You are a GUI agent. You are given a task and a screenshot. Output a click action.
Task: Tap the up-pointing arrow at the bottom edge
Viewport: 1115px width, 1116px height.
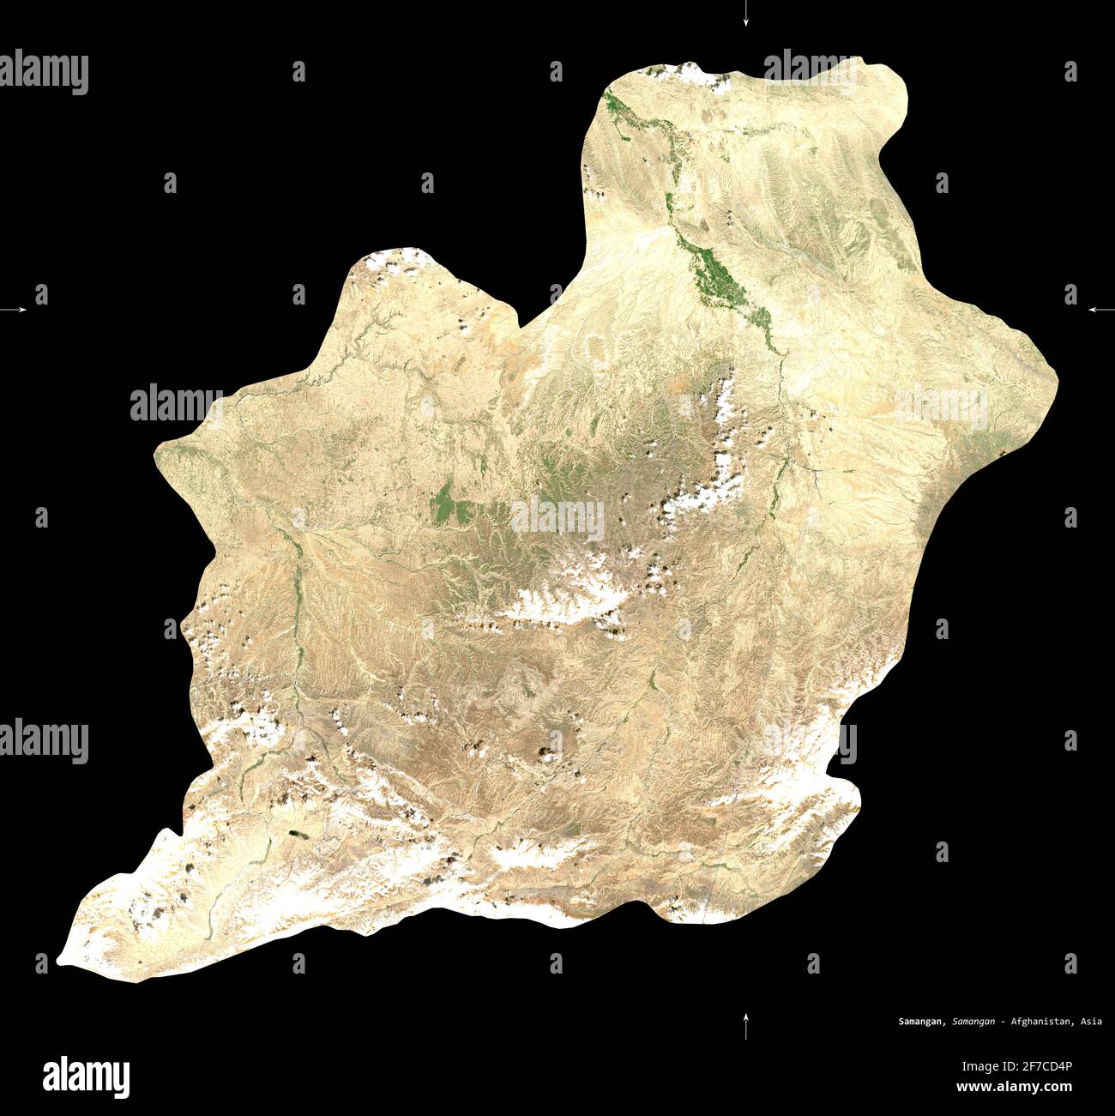click(745, 1025)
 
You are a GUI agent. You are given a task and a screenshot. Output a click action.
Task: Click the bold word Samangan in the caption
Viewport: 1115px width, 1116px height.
click(922, 1022)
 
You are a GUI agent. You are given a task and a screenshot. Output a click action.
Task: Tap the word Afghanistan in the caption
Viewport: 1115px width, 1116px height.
click(1041, 1022)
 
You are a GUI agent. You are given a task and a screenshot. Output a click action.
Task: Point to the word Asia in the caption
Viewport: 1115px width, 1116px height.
click(1091, 1022)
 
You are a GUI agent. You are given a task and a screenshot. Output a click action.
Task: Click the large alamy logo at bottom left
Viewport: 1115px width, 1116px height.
click(87, 1076)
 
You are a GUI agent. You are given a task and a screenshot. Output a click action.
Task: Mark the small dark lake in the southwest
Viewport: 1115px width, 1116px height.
click(298, 832)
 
